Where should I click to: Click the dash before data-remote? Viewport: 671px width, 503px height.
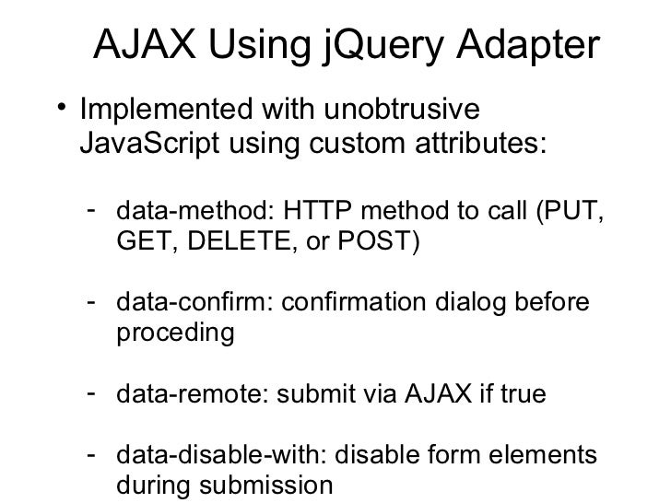92,395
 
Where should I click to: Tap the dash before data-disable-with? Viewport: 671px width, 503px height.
92,456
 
